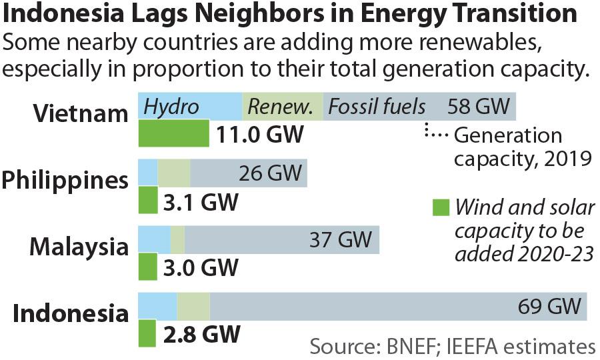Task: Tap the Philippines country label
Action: (65, 180)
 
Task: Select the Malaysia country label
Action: (79, 247)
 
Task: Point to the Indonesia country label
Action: (71, 313)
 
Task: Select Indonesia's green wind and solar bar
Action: (147, 334)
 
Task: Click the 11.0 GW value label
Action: (260, 135)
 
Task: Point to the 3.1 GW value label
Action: (200, 201)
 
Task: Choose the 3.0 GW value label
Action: (200, 268)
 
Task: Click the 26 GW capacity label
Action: (270, 173)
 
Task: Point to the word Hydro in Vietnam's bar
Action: (172, 106)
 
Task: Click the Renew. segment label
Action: (281, 106)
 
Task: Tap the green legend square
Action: (441, 208)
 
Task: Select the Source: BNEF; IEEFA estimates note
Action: (452, 347)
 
